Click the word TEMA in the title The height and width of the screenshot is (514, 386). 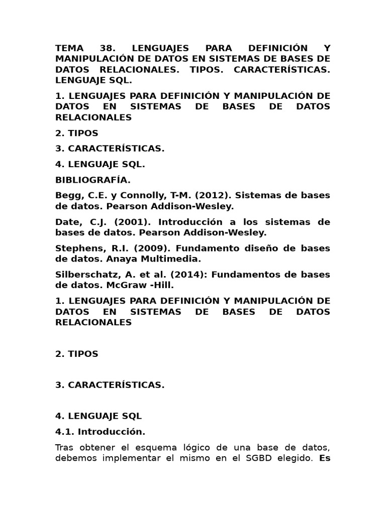pyautogui.click(x=69, y=48)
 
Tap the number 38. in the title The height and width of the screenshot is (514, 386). pyautogui.click(x=108, y=48)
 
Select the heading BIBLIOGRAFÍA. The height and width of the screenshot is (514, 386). pyautogui.click(x=93, y=180)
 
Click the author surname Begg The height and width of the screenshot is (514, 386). pyautogui.click(x=67, y=195)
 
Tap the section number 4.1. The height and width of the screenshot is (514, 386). pyautogui.click(x=64, y=431)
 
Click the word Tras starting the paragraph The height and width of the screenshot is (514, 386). pyautogui.click(x=65, y=447)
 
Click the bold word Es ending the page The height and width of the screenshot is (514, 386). pyautogui.click(x=325, y=458)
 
